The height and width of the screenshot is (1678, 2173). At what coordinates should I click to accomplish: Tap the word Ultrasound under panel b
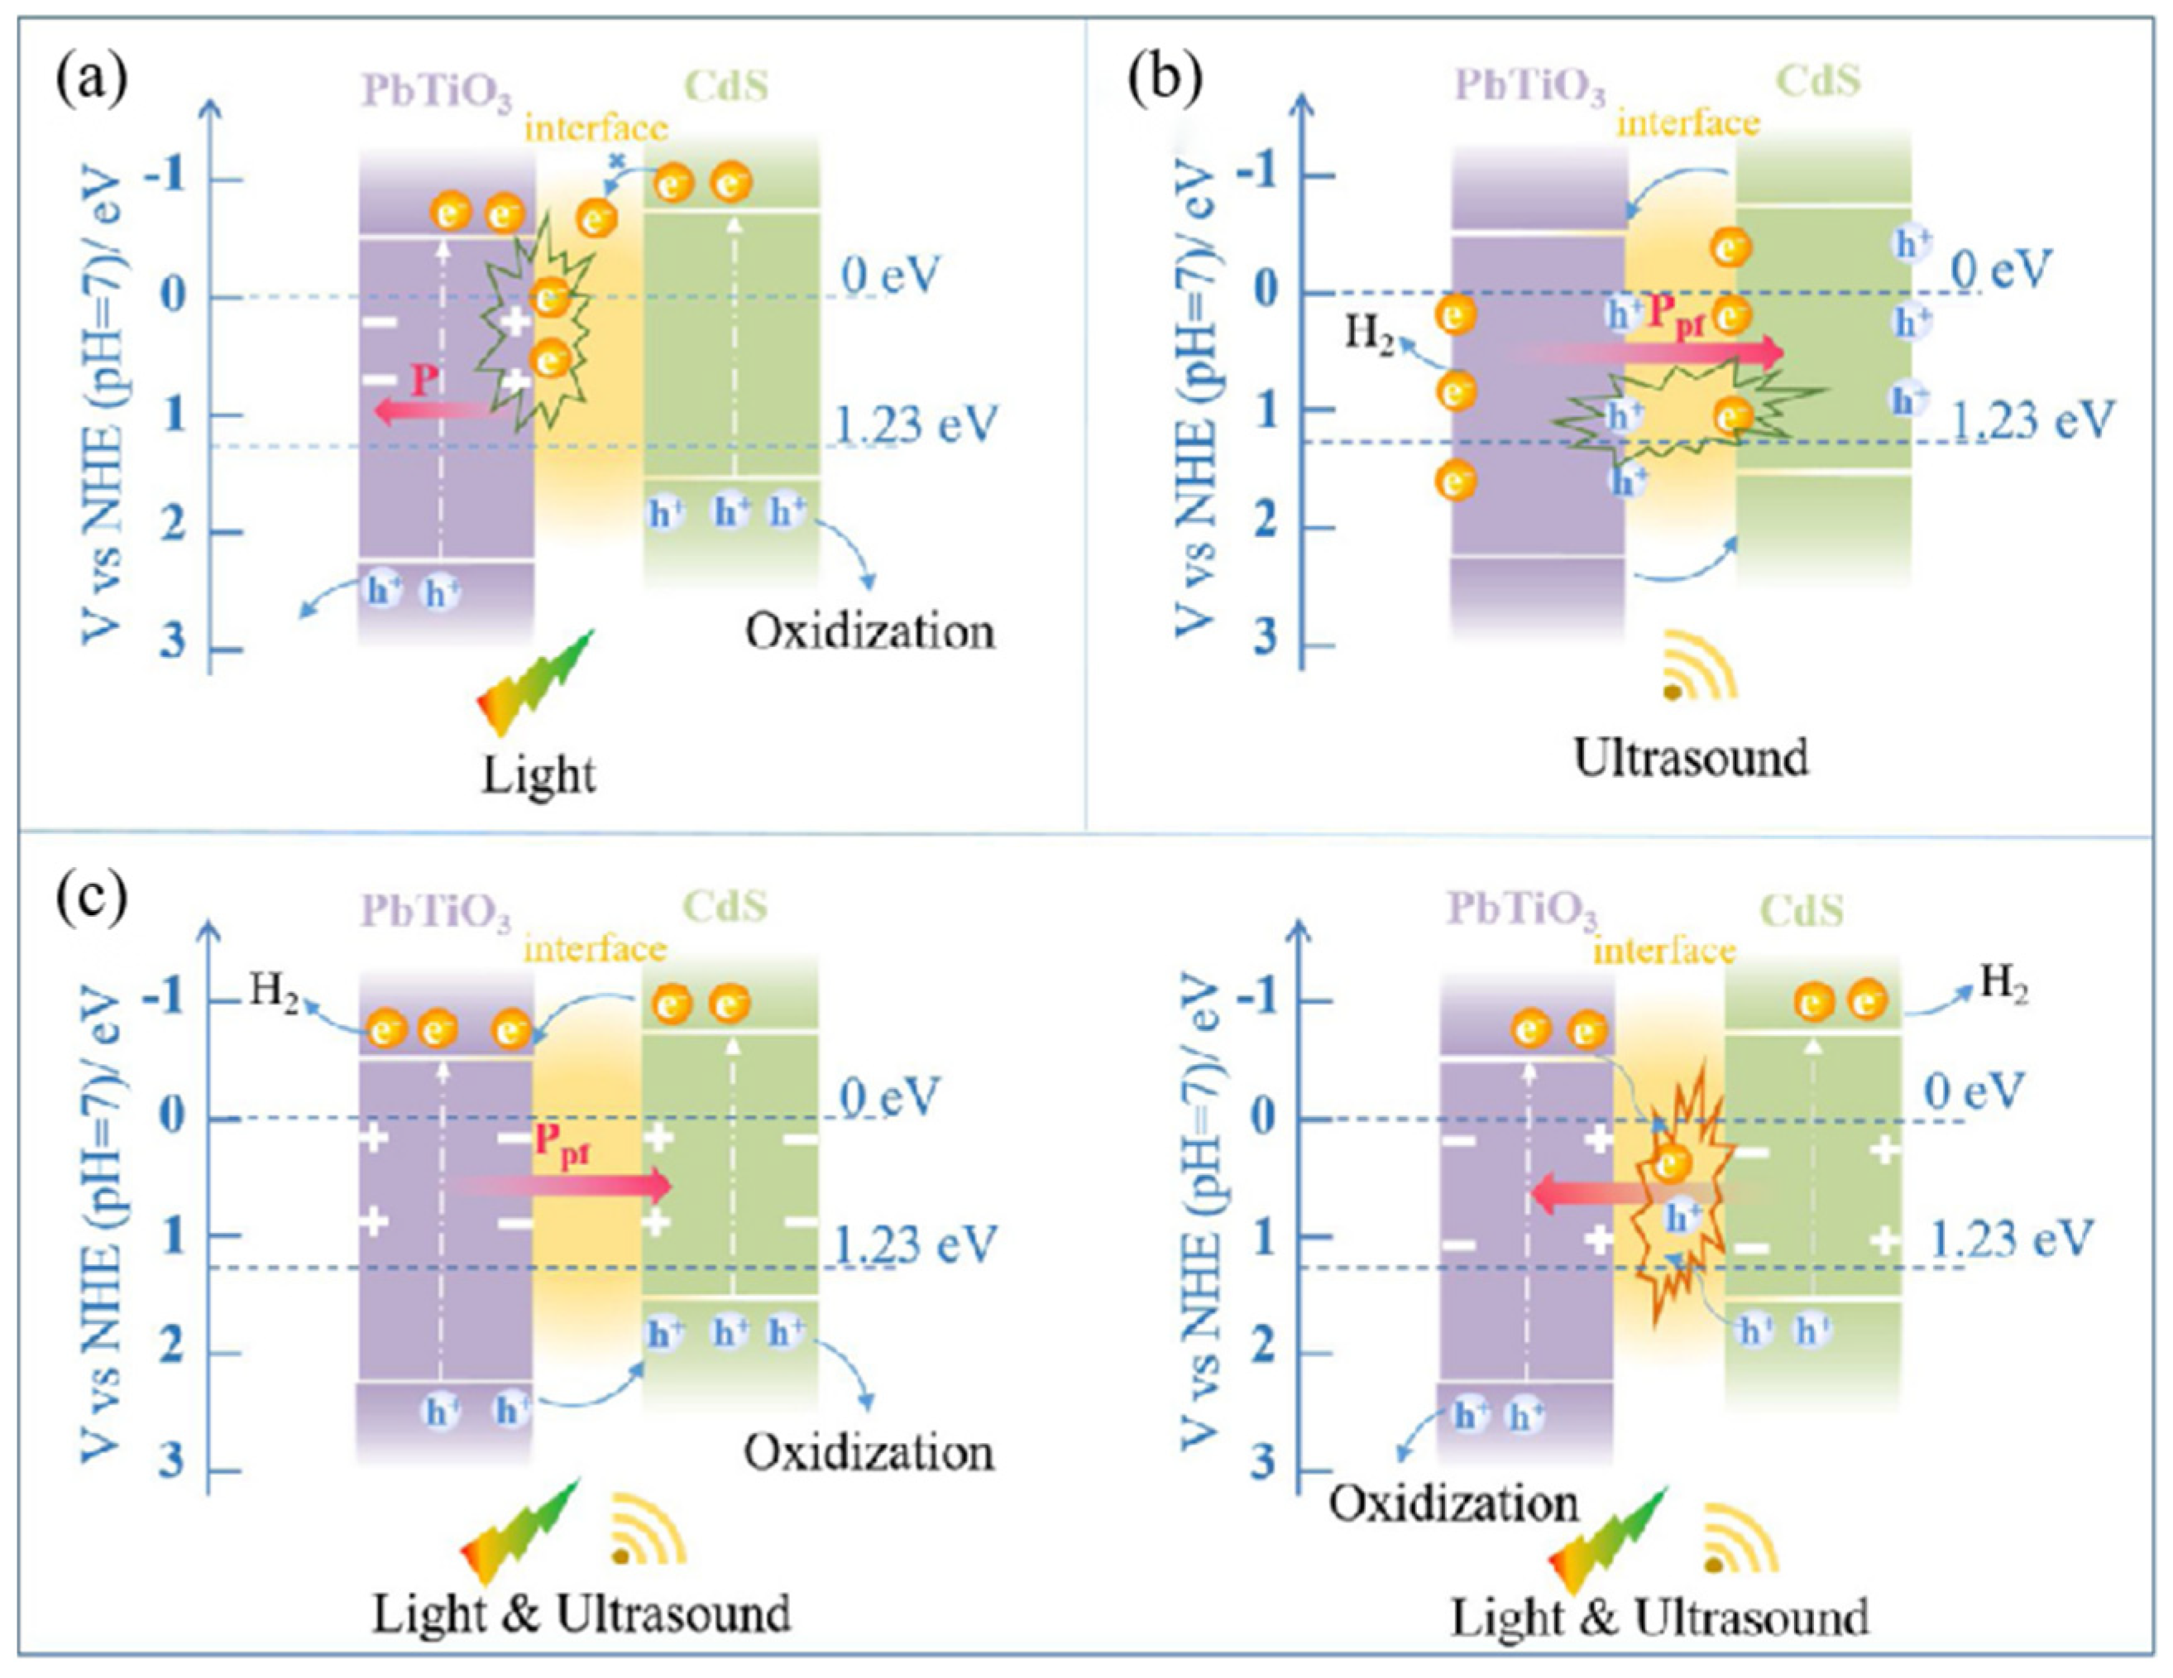[x=1691, y=759]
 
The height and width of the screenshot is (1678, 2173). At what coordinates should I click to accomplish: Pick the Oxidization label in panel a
[x=870, y=633]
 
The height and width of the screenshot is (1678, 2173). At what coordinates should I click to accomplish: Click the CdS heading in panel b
[x=1819, y=82]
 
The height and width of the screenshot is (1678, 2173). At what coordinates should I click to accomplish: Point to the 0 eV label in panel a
[x=889, y=276]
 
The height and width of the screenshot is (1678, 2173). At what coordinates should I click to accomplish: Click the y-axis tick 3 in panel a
[x=173, y=639]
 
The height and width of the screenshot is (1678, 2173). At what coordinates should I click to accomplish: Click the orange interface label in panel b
[x=1688, y=123]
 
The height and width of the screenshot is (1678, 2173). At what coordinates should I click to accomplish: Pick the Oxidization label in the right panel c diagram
[x=1453, y=1502]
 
